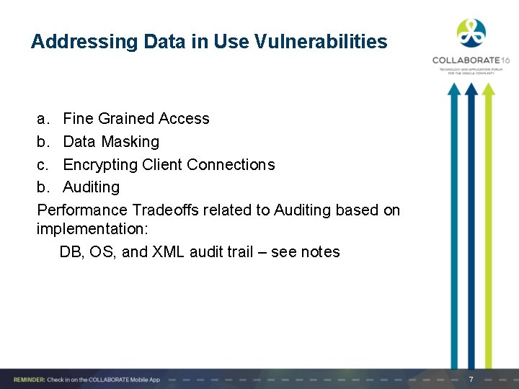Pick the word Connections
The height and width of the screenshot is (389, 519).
[231, 165]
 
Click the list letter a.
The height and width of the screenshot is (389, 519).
[43, 119]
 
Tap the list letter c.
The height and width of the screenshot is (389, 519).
[43, 165]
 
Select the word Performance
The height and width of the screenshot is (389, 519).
[83, 210]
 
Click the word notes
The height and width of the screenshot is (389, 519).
[320, 252]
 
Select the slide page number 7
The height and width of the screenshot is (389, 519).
[471, 380]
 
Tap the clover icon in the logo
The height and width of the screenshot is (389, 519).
[471, 32]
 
